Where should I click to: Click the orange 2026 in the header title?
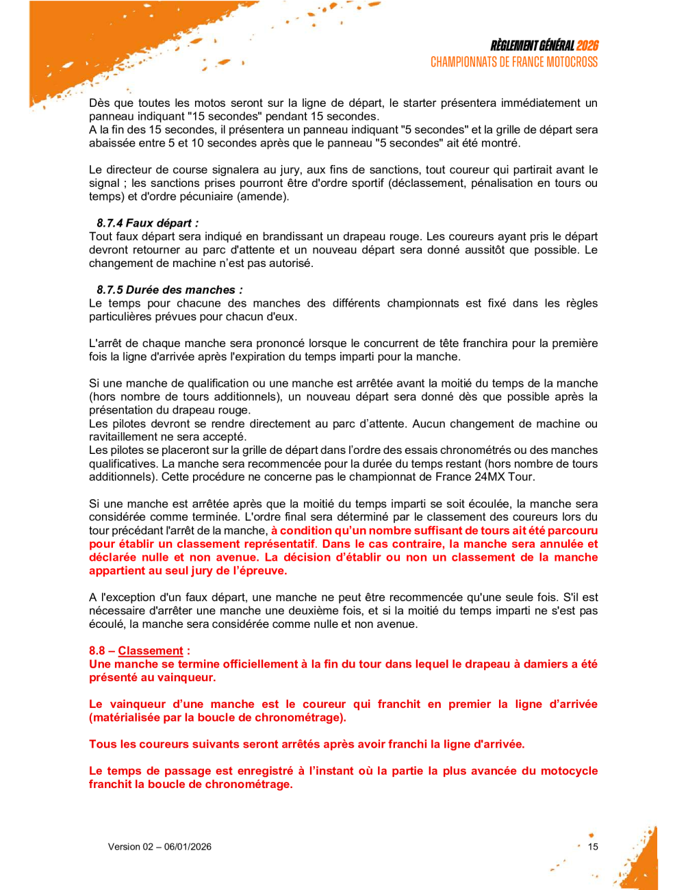pos(587,46)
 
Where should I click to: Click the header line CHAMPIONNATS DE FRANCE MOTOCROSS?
pos(513,62)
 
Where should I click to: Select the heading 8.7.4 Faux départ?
pos(147,223)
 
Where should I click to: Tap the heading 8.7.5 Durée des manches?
pos(169,290)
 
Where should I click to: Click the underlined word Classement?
pos(151,651)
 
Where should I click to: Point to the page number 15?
pos(593,847)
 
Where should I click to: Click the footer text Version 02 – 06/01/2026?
pos(160,847)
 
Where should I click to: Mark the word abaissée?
pos(111,144)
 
